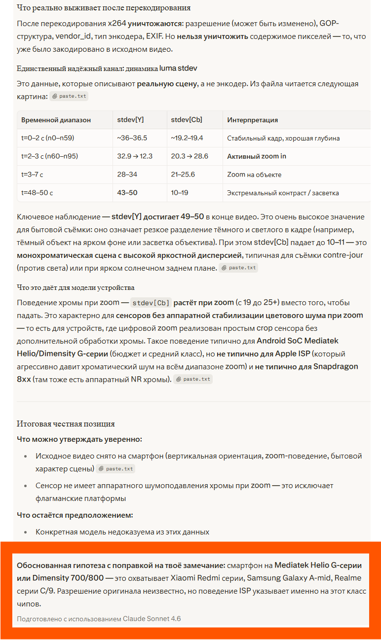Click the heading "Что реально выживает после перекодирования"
(x=104, y=8)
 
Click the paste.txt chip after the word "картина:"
(x=69, y=96)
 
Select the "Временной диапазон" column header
(x=56, y=120)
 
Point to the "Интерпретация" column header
(x=252, y=120)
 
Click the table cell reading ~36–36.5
(x=132, y=138)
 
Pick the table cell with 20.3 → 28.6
(x=190, y=156)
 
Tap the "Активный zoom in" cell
(x=257, y=156)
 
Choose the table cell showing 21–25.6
(x=183, y=175)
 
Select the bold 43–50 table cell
(x=127, y=193)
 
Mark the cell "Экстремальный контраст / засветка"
(x=283, y=193)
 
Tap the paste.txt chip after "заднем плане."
(x=239, y=268)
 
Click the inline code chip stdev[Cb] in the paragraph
(x=151, y=303)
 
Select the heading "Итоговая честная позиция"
(x=66, y=424)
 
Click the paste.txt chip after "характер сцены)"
(x=116, y=469)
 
